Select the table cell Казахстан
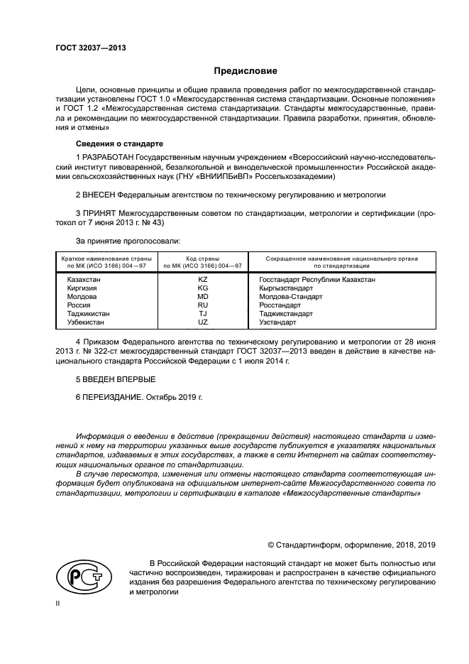click(84, 280)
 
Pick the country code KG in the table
click(202, 288)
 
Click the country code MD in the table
click(202, 297)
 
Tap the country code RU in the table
click(202, 305)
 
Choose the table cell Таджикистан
click(89, 313)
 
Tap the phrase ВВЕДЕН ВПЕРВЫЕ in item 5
click(109, 379)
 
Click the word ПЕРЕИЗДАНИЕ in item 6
click(113, 398)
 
